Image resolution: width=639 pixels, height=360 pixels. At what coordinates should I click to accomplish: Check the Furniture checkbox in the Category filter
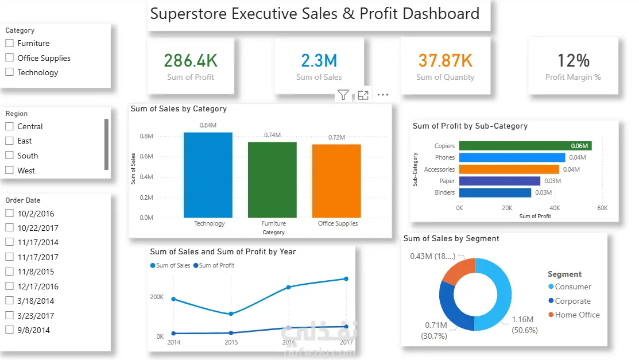[x=10, y=43]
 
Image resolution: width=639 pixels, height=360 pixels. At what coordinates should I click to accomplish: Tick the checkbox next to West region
[x=10, y=171]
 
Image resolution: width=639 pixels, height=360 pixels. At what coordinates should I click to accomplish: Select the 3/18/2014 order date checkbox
[x=10, y=301]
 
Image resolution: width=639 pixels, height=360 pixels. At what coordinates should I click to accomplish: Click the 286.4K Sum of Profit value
[x=191, y=60]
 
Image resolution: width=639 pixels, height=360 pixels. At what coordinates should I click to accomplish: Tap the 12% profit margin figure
[x=573, y=60]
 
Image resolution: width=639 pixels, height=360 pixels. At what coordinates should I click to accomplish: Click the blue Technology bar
[x=208, y=175]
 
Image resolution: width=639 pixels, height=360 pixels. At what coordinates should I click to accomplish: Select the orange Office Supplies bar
[x=336, y=181]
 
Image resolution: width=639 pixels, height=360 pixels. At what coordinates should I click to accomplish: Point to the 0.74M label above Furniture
[x=272, y=135]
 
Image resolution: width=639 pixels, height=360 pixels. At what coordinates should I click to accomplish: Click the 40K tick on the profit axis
[x=555, y=208]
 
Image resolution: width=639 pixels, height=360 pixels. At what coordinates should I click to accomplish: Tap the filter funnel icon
[x=343, y=95]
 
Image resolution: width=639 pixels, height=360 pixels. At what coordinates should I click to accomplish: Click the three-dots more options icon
[x=383, y=95]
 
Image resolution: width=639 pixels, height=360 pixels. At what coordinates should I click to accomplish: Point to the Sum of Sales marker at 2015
[x=231, y=313]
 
